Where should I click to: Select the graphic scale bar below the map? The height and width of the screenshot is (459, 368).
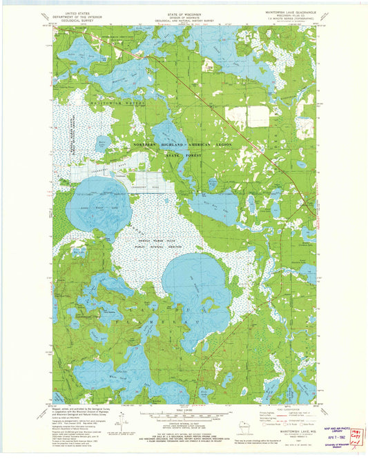pos(183,416)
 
